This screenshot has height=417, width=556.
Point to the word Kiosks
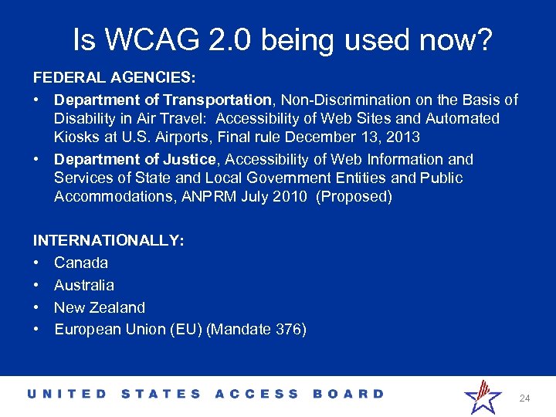75,137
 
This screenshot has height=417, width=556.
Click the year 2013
403,137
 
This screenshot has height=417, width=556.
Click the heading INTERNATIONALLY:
108,241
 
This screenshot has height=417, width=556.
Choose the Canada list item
81,263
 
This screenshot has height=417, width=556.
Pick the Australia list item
84,285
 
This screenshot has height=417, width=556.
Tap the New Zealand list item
100,307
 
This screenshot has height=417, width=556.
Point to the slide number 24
524,398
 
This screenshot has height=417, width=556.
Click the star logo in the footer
482,396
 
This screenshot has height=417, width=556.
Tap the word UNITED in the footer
68,394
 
